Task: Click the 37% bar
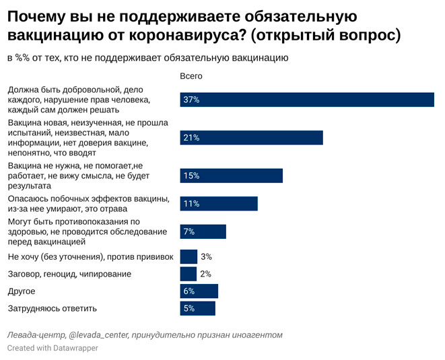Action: coord(307,100)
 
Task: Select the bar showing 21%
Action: coord(252,137)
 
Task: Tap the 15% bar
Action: coord(232,175)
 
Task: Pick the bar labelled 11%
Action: coord(219,203)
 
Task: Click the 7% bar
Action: coord(203,231)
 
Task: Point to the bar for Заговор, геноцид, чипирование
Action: coord(189,274)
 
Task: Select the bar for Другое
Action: coord(199,291)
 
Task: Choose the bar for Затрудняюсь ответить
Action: coord(198,308)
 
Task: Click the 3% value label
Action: coord(207,256)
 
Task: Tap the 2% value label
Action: coord(205,274)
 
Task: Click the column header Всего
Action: coord(191,76)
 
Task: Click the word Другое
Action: coord(21,291)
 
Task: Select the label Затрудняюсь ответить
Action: coord(52,308)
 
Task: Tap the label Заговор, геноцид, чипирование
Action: coord(69,274)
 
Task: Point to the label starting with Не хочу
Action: coord(90,256)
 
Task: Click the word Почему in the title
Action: coord(40,16)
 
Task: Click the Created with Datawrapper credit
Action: coord(53,348)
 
